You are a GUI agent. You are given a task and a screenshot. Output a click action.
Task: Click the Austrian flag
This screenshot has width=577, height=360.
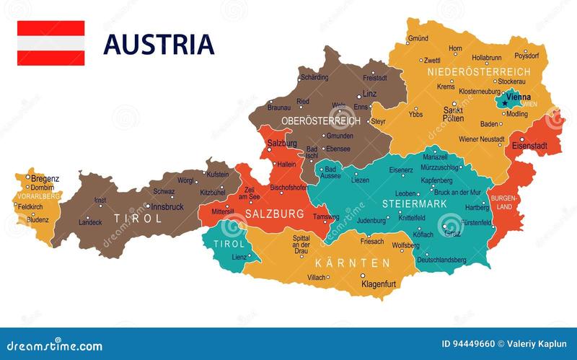coord(50,43)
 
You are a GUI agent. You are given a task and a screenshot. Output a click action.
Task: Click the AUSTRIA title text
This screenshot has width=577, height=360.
coord(159,44)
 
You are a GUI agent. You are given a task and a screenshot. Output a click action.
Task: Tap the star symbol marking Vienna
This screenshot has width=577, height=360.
coord(506,102)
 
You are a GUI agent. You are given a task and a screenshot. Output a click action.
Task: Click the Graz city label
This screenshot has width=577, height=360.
coord(452,233)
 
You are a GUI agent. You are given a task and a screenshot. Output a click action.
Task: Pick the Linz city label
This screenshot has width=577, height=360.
coord(369,94)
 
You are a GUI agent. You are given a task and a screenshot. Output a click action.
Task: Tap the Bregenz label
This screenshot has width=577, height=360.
coord(45,178)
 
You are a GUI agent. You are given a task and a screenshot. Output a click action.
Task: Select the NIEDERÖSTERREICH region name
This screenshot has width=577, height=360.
coord(478,72)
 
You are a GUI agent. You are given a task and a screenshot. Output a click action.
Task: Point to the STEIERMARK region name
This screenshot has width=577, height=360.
coord(410,203)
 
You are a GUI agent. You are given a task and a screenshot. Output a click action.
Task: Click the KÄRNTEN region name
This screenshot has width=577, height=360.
coord(352,263)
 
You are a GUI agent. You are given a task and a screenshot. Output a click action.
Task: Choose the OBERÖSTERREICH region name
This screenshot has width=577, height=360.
coord(320,120)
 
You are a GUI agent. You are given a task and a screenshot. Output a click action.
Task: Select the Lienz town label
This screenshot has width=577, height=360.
coord(239,257)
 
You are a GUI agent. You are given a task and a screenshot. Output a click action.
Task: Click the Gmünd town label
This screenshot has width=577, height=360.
coord(418,38)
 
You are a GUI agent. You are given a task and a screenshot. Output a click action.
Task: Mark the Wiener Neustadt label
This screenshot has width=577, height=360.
coord(482,139)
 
